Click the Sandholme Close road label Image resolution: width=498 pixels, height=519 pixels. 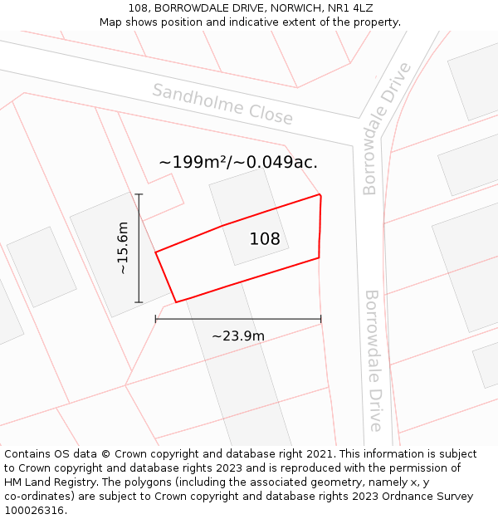point(222,104)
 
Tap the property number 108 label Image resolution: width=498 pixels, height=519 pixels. point(265,239)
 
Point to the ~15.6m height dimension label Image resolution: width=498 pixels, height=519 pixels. point(122,248)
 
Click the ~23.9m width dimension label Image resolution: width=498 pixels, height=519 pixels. point(238,336)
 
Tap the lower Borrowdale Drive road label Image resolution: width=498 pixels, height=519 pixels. point(373,360)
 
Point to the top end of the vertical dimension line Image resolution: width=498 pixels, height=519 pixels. point(139,194)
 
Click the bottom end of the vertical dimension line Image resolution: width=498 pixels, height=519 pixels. point(139,302)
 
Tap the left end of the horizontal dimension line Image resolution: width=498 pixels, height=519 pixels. point(156,319)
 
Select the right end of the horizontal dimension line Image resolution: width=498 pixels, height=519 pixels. point(321,319)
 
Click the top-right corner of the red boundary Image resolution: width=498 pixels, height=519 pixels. point(320,194)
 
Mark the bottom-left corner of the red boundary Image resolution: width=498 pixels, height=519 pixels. point(176,302)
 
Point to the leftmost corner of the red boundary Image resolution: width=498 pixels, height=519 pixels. point(156,252)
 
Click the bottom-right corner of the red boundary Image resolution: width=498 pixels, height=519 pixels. point(319,257)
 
